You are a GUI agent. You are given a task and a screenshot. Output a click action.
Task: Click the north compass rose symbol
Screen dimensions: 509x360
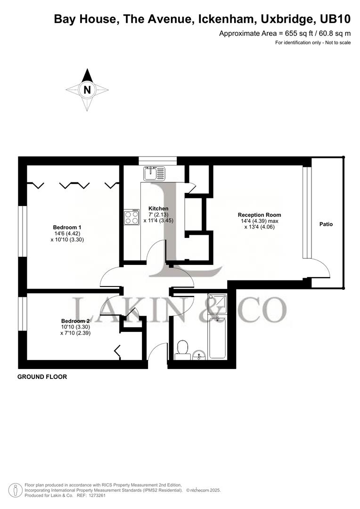coord(87,89)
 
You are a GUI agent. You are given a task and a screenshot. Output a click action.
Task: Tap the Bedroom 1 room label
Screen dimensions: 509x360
coord(67,227)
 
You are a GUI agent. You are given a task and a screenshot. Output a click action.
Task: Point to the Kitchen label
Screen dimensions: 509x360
coord(158,208)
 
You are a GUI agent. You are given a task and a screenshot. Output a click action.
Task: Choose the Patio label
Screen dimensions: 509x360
coord(326,224)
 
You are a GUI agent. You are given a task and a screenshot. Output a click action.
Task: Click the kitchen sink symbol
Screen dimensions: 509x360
coord(155,173)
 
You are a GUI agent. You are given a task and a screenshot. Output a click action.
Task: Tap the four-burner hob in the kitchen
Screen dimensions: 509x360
coord(132,217)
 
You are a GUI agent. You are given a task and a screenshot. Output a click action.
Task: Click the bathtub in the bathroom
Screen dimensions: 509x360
coord(218,337)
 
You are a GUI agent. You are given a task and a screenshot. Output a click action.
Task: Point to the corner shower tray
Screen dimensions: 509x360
coord(217,304)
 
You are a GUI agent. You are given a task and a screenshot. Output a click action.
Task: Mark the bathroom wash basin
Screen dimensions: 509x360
coord(198,354)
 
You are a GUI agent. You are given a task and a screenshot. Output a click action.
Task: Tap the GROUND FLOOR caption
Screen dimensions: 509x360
coord(42,377)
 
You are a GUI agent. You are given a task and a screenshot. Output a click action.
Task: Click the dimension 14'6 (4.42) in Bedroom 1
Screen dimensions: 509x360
coord(67,233)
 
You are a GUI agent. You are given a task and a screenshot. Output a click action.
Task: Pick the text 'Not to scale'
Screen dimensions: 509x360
coord(337,43)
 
